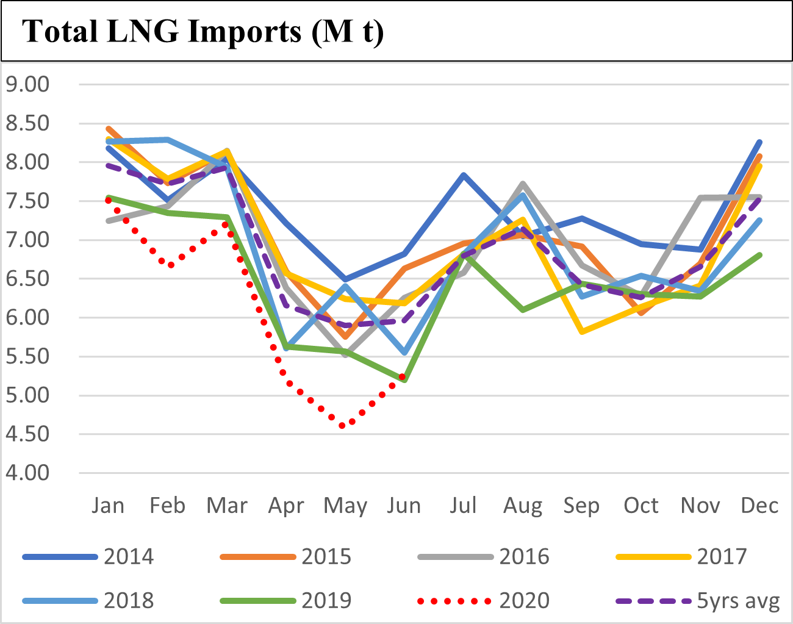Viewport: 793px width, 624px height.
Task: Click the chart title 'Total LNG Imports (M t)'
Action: point(203,30)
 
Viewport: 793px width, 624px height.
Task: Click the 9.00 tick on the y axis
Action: point(27,84)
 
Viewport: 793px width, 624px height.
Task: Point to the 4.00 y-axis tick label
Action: point(27,473)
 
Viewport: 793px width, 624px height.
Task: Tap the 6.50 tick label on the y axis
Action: point(27,279)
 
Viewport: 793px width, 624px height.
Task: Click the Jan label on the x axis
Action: point(108,506)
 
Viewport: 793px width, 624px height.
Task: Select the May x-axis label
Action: point(345,506)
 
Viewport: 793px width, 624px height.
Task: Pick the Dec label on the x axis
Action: point(759,506)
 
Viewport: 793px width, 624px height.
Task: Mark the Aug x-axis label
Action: point(523,506)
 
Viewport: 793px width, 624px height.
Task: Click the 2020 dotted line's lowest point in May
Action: point(343,426)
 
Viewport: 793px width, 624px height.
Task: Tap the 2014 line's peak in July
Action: point(464,175)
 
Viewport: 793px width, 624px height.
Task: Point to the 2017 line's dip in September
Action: point(583,332)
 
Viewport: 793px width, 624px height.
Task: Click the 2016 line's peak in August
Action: point(523,184)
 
